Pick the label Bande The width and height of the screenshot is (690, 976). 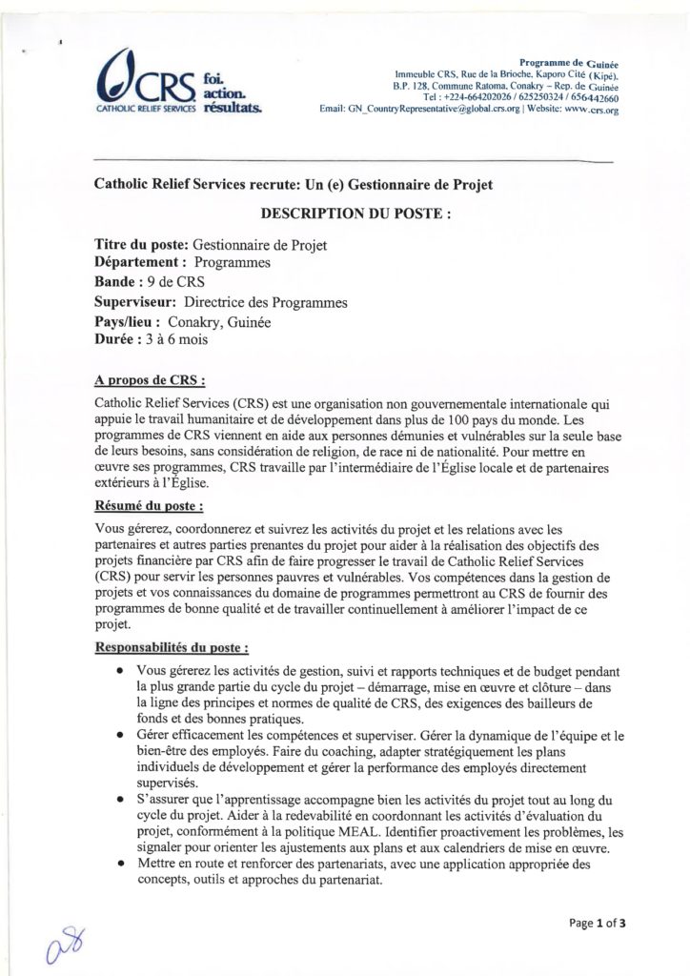tap(126, 283)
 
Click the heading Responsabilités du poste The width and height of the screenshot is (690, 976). tap(172, 647)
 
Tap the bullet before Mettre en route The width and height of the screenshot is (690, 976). tap(117, 865)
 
